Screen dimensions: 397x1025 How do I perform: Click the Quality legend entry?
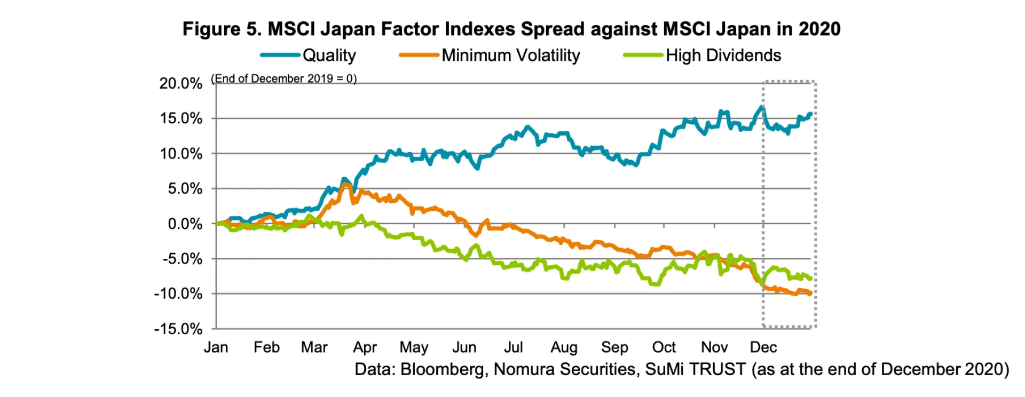[329, 55]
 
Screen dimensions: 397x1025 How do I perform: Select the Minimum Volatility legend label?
[510, 55]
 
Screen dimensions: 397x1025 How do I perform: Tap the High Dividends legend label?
[723, 55]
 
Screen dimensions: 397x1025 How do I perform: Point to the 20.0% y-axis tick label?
[181, 83]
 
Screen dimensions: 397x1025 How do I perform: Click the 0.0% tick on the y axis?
[185, 224]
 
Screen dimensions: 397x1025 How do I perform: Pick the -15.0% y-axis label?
[178, 329]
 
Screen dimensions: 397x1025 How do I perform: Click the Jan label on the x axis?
[216, 347]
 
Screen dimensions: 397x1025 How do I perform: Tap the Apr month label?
[365, 347]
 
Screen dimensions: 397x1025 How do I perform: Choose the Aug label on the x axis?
[564, 347]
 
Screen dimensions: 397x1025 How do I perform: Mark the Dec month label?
[763, 347]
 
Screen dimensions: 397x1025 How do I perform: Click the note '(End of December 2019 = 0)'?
[284, 78]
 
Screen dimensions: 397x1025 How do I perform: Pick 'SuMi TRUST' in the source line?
[695, 369]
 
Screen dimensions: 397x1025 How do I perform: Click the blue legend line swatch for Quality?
[280, 55]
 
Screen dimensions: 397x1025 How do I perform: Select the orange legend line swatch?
[419, 55]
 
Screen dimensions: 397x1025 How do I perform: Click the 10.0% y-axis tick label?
[181, 154]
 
